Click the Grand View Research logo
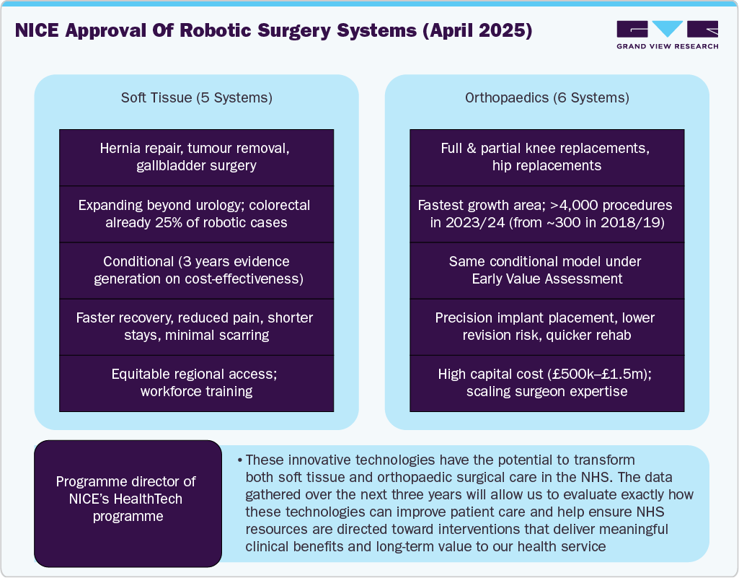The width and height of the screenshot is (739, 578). [x=667, y=35]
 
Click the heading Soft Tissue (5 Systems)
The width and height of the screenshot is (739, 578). [x=196, y=97]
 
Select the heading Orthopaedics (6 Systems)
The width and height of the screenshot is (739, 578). [x=546, y=97]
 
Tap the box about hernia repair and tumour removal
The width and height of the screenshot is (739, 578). [x=196, y=157]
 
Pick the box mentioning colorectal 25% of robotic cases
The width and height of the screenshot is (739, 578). [x=196, y=214]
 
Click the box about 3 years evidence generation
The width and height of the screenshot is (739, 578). [x=196, y=270]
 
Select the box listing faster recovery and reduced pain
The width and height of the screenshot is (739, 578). [x=196, y=326]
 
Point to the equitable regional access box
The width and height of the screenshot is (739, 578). [x=196, y=382]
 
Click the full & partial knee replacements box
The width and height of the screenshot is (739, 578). [x=546, y=157]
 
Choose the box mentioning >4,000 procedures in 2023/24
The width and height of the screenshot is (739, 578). [x=546, y=214]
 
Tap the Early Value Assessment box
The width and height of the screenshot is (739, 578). [x=546, y=270]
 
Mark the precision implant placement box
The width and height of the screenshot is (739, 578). [x=546, y=326]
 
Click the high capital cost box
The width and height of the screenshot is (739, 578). [x=546, y=382]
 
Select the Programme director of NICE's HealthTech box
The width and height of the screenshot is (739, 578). [x=127, y=499]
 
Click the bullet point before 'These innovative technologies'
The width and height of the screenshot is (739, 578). [x=239, y=460]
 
